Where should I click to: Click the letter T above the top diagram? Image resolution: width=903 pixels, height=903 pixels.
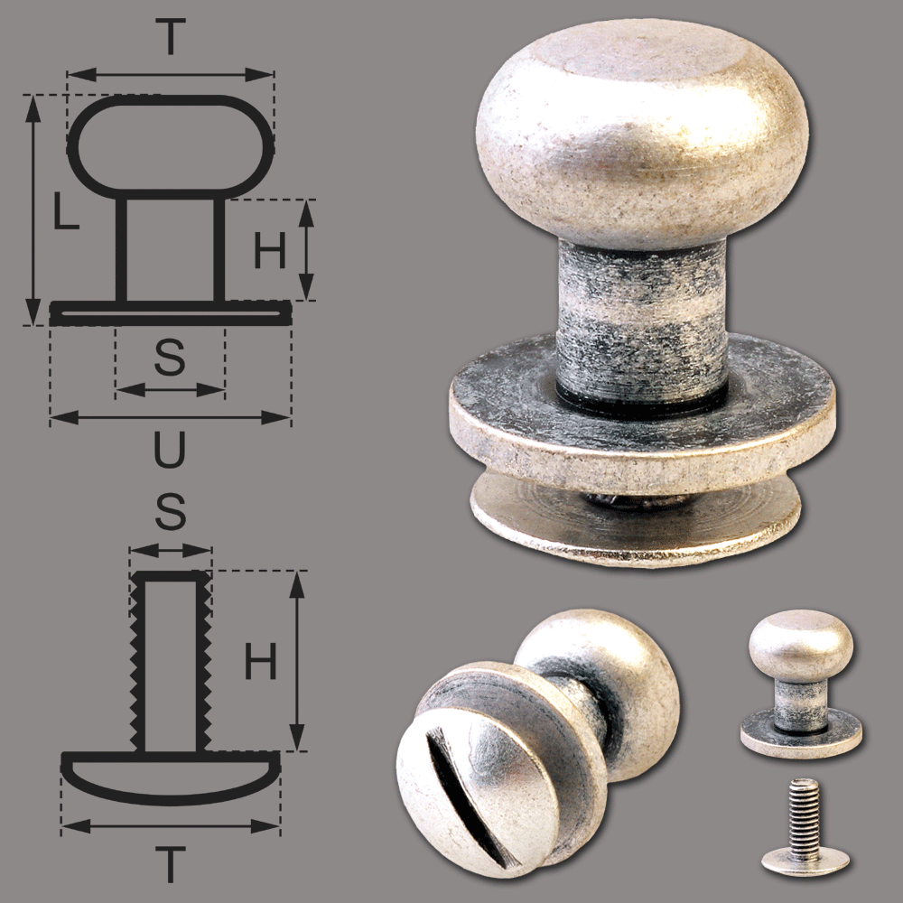(x=171, y=37)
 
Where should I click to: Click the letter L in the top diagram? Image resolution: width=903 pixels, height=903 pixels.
(x=66, y=211)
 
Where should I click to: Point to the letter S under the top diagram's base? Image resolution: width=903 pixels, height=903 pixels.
(x=170, y=357)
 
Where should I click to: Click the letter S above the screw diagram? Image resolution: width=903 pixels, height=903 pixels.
(x=171, y=511)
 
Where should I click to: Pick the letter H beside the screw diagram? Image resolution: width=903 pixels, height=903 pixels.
(x=261, y=661)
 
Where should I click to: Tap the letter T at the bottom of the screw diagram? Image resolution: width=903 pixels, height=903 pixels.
(x=171, y=864)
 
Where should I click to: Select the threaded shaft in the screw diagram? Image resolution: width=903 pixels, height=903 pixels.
(x=171, y=661)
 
